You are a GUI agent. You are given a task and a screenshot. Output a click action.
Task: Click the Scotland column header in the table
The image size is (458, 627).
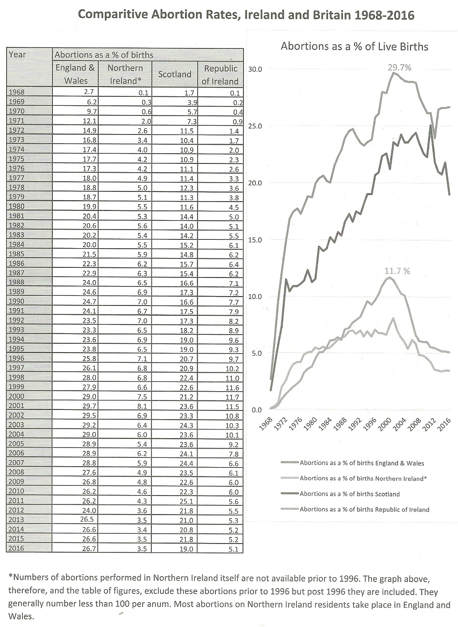click(x=175, y=75)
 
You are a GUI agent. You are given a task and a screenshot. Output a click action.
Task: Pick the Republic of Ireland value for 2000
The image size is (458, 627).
click(x=232, y=397)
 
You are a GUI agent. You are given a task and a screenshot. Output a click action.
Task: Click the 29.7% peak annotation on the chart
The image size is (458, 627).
click(x=399, y=67)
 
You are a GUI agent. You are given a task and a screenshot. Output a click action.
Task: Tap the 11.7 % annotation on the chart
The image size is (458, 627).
click(x=397, y=271)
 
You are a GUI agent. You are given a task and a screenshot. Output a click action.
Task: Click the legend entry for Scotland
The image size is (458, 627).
click(x=350, y=494)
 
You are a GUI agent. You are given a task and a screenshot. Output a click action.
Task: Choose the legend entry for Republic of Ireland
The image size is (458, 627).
click(x=364, y=509)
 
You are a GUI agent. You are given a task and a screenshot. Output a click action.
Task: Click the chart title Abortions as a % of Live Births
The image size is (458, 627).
click(x=354, y=46)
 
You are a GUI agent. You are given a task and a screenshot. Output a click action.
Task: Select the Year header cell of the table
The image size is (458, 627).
click(x=17, y=55)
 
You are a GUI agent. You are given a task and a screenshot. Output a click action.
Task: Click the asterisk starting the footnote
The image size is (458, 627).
click(x=10, y=577)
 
